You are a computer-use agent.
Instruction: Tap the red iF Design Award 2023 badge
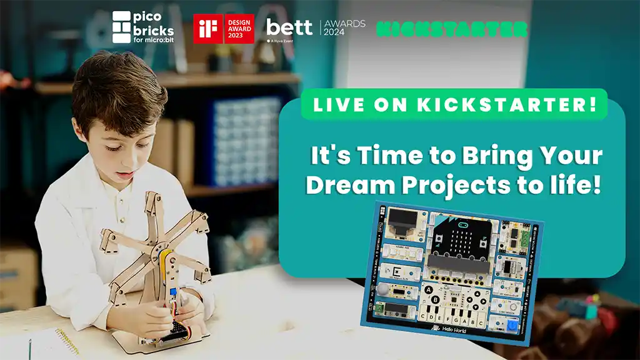tap(224, 29)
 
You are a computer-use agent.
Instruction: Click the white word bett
tap(289, 27)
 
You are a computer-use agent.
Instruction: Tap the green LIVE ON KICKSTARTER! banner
tap(454, 104)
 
